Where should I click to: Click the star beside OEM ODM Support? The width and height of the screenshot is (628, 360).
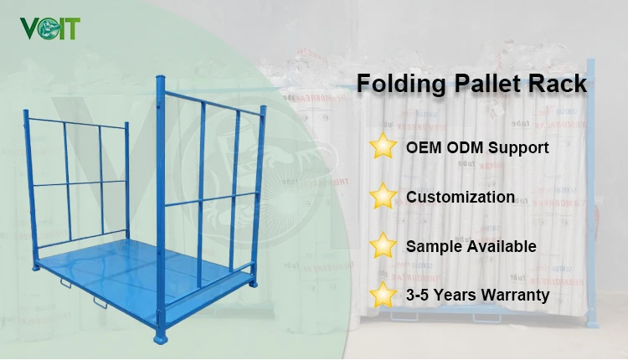tap(383, 147)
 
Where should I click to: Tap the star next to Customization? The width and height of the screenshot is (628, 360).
tap(383, 198)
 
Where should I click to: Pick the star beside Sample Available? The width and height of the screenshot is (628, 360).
tap(383, 246)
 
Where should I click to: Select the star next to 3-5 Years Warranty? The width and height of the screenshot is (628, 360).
tap(383, 295)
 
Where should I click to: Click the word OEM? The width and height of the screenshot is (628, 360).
tap(425, 148)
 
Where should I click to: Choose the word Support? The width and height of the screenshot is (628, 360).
tap(518, 149)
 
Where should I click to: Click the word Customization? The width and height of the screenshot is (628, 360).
tap(461, 198)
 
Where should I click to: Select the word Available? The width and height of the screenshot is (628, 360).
tap(501, 246)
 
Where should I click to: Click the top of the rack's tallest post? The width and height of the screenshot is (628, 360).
tap(160, 78)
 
